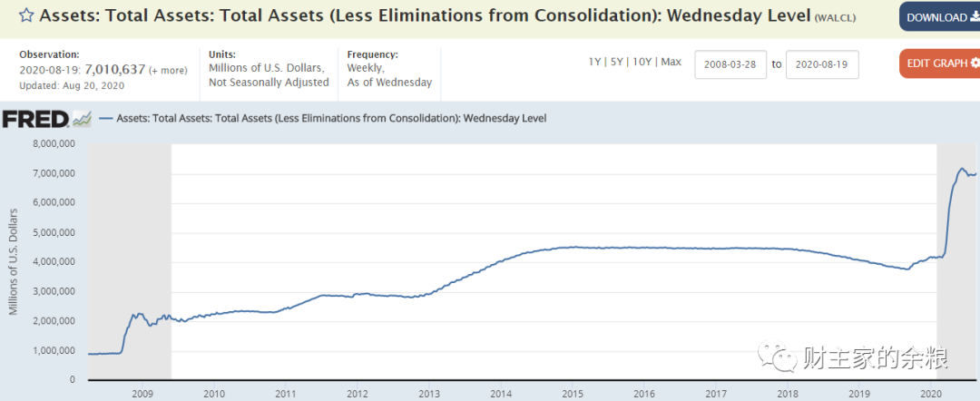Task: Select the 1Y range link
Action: click(595, 62)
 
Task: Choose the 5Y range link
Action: click(617, 62)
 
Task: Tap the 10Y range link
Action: click(642, 62)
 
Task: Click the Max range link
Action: click(671, 62)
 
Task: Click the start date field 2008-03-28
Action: click(730, 64)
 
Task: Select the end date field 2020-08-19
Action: click(821, 64)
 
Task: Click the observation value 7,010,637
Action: click(115, 70)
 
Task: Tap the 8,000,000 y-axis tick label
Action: click(54, 143)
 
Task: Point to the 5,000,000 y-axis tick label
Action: click(54, 232)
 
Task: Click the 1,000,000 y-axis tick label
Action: click(54, 350)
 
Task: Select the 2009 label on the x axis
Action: click(142, 394)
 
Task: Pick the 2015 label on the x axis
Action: click(572, 394)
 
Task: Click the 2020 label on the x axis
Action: click(929, 394)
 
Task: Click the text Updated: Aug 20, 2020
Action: click(72, 85)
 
